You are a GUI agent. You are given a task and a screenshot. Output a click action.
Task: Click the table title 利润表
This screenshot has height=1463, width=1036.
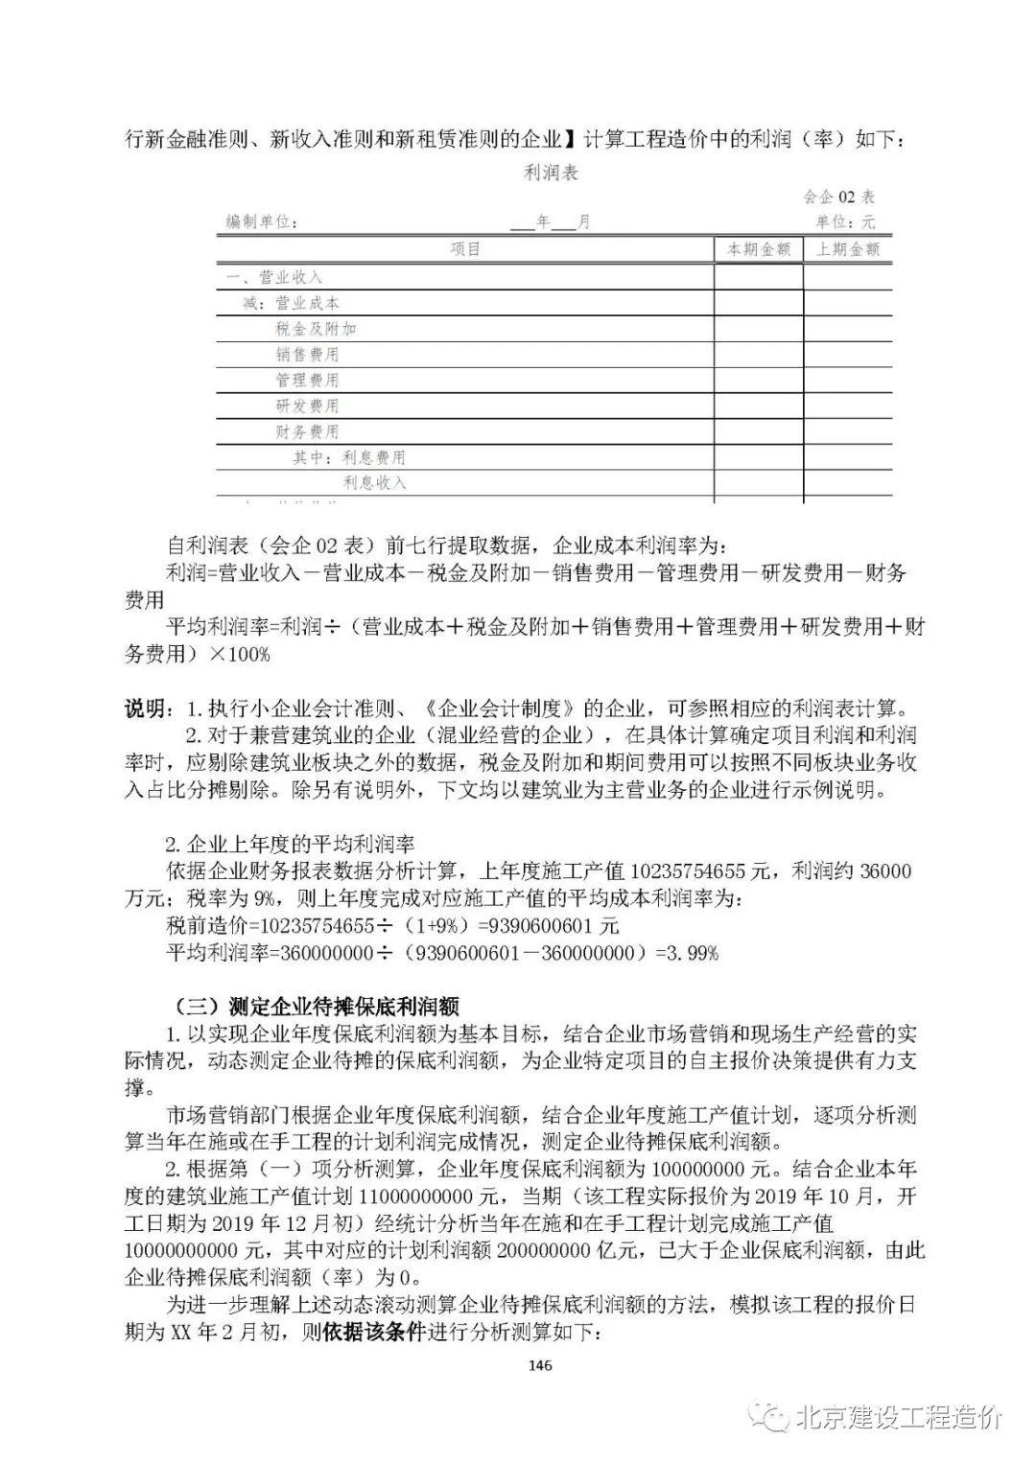coord(552,174)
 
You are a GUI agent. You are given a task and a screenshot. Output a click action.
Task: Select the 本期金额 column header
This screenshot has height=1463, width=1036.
coord(759,249)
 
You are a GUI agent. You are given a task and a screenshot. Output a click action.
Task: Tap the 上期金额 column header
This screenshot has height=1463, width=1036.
coord(848,249)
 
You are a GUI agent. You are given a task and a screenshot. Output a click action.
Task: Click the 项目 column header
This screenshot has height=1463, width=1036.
coord(465,249)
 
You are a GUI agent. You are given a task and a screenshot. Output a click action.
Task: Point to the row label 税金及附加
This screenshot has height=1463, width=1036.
coord(316,329)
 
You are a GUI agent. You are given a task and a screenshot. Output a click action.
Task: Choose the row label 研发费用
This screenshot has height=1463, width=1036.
coord(307,406)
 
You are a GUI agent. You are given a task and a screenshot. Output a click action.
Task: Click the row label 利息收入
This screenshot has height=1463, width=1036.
coord(374,483)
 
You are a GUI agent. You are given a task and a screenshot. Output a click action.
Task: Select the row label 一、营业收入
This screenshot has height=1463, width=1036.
coord(274,277)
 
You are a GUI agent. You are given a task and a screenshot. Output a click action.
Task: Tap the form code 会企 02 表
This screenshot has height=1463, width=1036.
coord(838,197)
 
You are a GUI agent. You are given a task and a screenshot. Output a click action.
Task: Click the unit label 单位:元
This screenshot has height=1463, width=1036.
coord(845,222)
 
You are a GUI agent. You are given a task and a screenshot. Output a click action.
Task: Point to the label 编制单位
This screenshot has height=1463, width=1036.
coord(261,222)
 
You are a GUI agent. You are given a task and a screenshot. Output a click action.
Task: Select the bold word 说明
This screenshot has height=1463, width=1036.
coord(145,709)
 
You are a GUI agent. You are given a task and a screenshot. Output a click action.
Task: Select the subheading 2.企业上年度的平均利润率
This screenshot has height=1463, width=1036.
coord(290,845)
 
